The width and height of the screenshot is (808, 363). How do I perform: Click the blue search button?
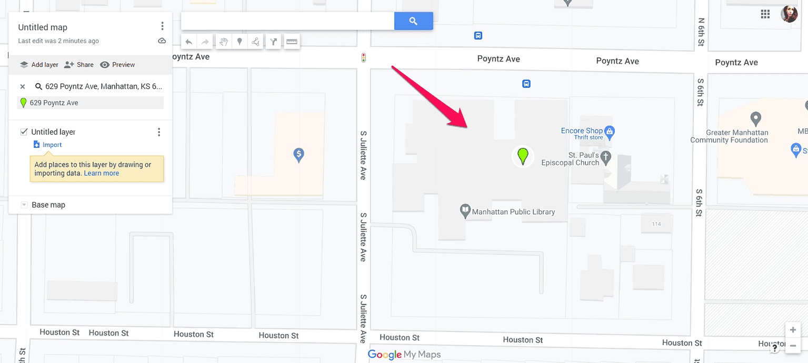[413, 21]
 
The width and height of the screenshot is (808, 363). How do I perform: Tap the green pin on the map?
[523, 156]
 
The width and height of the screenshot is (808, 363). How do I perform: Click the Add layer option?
[39, 65]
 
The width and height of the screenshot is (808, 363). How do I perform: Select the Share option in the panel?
[79, 65]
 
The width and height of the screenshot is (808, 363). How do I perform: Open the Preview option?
[117, 65]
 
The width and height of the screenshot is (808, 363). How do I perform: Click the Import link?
[52, 145]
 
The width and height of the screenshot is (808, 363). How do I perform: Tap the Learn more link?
[102, 173]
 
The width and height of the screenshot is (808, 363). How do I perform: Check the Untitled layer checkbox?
[24, 132]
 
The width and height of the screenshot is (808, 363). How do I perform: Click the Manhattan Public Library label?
[513, 212]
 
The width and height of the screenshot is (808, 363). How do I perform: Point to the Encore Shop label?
[582, 130]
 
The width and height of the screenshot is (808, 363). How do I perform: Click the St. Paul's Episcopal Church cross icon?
[606, 156]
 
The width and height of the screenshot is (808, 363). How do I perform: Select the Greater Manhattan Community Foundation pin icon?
[756, 118]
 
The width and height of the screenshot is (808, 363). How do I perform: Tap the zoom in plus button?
[793, 330]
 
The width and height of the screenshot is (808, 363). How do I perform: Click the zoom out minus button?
[793, 346]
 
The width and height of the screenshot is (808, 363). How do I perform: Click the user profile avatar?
[789, 14]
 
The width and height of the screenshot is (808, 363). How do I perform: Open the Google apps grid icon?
[765, 14]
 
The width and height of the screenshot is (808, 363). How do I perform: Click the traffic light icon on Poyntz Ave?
[363, 58]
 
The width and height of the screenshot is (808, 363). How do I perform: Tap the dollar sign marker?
[298, 155]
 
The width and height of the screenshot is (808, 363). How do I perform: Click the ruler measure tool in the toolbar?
[292, 42]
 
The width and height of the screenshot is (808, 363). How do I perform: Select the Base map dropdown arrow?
[24, 205]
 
